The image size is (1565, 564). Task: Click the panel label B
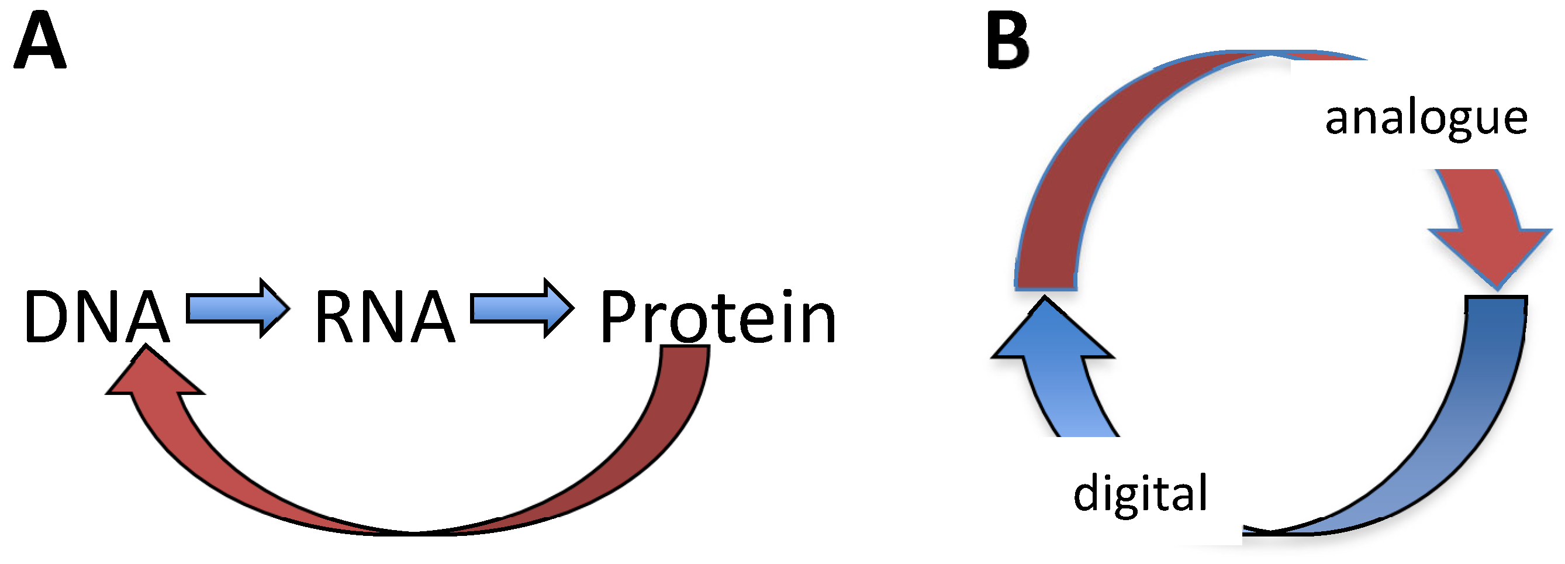(1008, 42)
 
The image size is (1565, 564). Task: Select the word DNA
(96, 317)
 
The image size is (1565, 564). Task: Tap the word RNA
(384, 317)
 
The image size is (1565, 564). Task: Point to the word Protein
(717, 317)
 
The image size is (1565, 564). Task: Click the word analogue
(1425, 119)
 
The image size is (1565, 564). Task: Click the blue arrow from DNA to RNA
(237, 308)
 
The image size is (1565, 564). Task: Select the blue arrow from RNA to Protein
(522, 308)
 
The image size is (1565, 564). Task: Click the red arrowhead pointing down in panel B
(1492, 249)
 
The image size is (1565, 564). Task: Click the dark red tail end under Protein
(684, 364)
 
